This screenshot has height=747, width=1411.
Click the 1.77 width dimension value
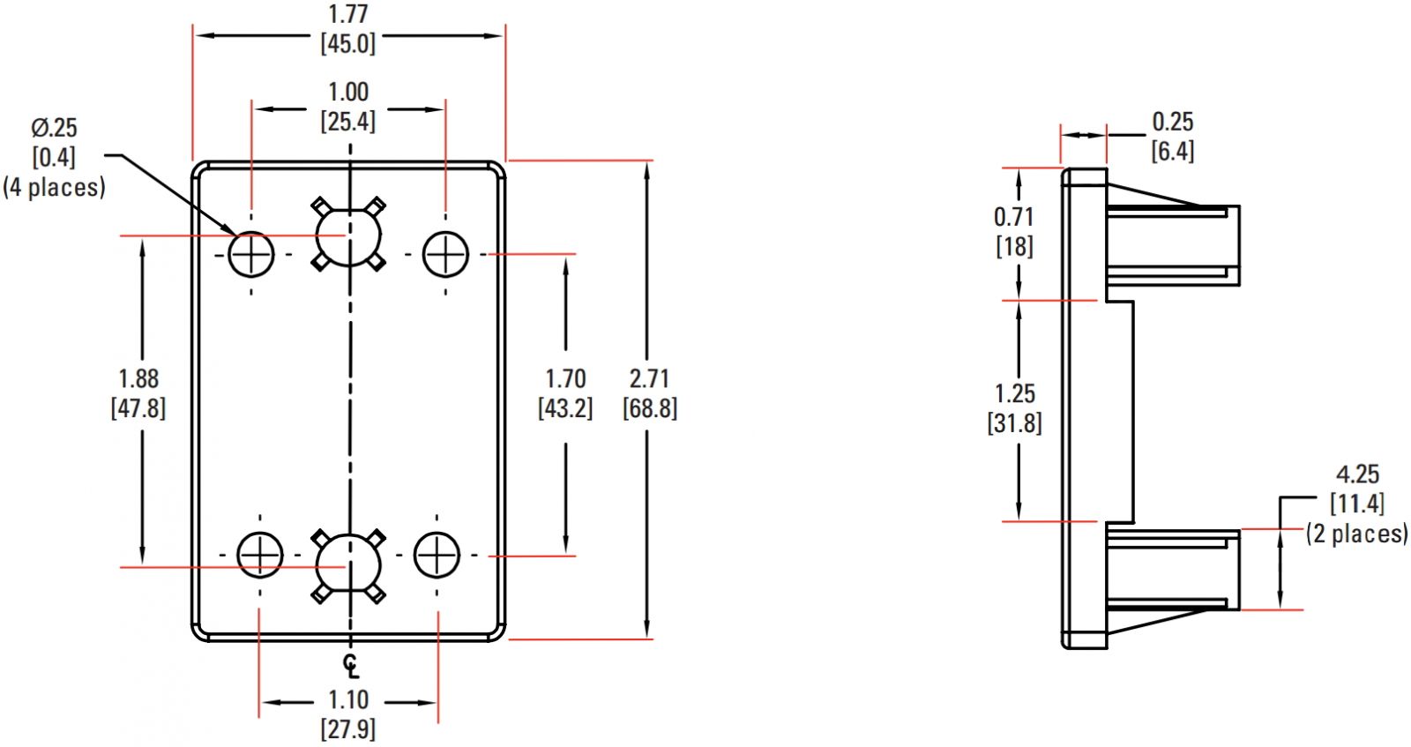(x=347, y=15)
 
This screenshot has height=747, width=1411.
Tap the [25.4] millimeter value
(x=347, y=122)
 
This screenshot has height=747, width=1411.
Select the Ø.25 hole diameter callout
(x=54, y=128)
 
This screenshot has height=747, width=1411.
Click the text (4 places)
(x=54, y=187)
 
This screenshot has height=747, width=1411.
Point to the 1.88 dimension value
(x=138, y=378)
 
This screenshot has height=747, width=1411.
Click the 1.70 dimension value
(x=565, y=378)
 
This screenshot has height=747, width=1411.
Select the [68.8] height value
(x=650, y=408)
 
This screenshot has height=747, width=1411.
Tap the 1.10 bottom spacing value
(x=347, y=699)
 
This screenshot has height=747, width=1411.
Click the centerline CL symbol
(x=351, y=664)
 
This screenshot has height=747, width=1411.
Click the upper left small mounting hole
(x=251, y=255)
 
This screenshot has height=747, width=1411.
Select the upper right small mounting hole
(x=445, y=254)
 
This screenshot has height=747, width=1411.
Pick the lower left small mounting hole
(x=260, y=555)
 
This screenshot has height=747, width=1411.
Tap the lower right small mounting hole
(x=437, y=555)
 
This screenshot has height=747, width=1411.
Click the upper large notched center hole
(x=349, y=235)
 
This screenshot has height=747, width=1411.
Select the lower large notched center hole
(x=349, y=565)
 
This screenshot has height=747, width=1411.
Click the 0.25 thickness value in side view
(x=1172, y=122)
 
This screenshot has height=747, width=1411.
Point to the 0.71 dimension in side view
(x=1013, y=216)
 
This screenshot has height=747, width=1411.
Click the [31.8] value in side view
(x=1014, y=423)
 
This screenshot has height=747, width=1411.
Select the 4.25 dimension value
(x=1357, y=474)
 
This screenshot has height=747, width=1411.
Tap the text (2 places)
(x=1357, y=534)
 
